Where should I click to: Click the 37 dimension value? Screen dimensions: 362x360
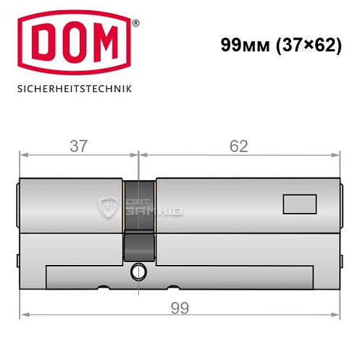coord(79,146)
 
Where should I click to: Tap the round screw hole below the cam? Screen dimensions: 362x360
coord(138,272)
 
